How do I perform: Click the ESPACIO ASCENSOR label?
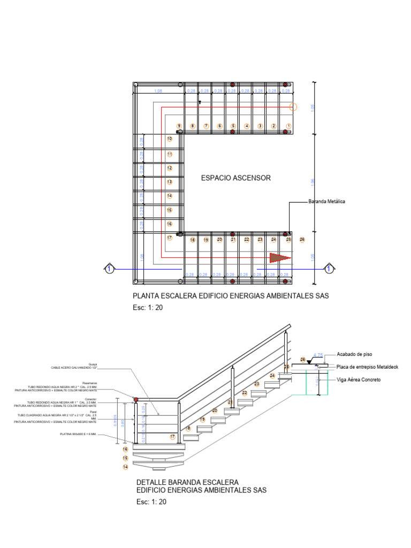(235, 178)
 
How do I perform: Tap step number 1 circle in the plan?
(289, 126)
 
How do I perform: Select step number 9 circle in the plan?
(179, 126)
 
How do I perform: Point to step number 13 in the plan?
(169, 182)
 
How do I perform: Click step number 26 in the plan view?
(302, 239)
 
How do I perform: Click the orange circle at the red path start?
(293, 106)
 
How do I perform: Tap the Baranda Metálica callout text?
(326, 202)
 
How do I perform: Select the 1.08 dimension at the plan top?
(158, 92)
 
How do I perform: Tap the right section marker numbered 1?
(330, 268)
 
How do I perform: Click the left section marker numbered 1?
(109, 268)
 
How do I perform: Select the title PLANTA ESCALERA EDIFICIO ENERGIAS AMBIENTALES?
(230, 295)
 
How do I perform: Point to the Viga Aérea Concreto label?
(359, 379)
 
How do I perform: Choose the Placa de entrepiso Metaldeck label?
(368, 367)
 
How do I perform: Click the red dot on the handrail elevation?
(136, 400)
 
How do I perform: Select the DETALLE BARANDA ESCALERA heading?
(188, 482)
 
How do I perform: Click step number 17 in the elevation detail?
(172, 437)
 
